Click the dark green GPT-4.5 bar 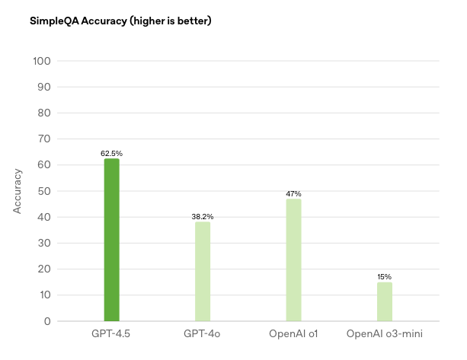111,240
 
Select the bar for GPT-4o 203,271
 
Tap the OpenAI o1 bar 293,260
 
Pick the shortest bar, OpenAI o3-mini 385,301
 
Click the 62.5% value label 111,154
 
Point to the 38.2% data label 203,217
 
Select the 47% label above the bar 293,194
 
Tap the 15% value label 385,277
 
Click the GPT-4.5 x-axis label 111,334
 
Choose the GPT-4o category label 203,334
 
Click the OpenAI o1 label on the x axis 293,334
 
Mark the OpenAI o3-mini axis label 384,334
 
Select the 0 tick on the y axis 47,321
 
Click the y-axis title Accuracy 18,191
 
